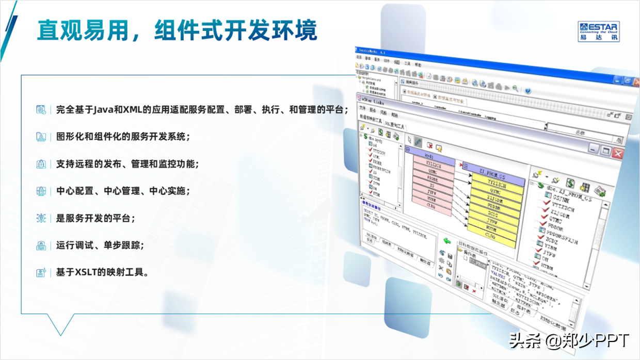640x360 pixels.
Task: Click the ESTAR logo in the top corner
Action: click(x=599, y=31)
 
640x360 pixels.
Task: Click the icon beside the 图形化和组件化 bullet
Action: click(x=41, y=137)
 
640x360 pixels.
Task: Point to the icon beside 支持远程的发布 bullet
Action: click(x=41, y=164)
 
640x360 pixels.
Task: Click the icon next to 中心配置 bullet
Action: click(x=41, y=191)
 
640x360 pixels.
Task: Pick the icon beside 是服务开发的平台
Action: click(x=41, y=218)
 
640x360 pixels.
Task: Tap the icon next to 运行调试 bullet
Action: click(x=41, y=246)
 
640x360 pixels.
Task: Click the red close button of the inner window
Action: click(x=618, y=153)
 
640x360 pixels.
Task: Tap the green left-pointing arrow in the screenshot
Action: click(x=447, y=241)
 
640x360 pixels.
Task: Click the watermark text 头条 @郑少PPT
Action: click(x=569, y=341)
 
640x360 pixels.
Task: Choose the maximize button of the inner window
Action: click(x=606, y=152)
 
